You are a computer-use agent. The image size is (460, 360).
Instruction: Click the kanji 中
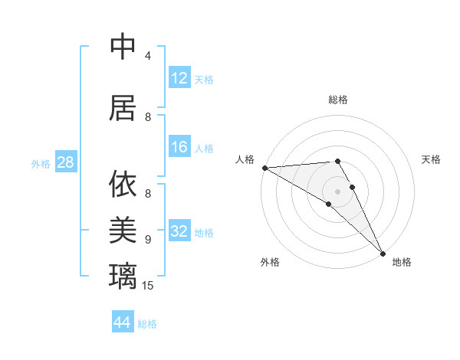(123, 47)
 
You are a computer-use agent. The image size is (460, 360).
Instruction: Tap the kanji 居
(123, 108)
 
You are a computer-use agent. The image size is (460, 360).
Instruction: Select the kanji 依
(123, 185)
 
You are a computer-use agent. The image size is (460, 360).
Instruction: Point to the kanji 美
(123, 227)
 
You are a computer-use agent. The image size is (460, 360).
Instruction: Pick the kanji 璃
(123, 274)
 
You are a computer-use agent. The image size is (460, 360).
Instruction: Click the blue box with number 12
(179, 78)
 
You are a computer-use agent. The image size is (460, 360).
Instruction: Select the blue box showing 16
(179, 148)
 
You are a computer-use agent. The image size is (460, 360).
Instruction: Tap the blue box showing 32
(179, 232)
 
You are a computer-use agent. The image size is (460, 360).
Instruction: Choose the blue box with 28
(65, 163)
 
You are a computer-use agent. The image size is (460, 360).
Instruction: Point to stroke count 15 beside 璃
(148, 286)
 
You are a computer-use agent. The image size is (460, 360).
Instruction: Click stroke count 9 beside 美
(148, 239)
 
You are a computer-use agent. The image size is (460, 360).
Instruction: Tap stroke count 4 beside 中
(148, 55)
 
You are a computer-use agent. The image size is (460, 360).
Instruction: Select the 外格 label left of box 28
(41, 164)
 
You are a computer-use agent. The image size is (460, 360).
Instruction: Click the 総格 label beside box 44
(147, 324)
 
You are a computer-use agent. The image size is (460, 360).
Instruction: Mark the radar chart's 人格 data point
(264, 168)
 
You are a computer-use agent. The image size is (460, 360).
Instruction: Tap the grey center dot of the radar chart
(337, 191)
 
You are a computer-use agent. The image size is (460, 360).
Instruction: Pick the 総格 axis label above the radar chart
(337, 100)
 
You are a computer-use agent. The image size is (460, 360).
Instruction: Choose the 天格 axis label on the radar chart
(431, 159)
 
